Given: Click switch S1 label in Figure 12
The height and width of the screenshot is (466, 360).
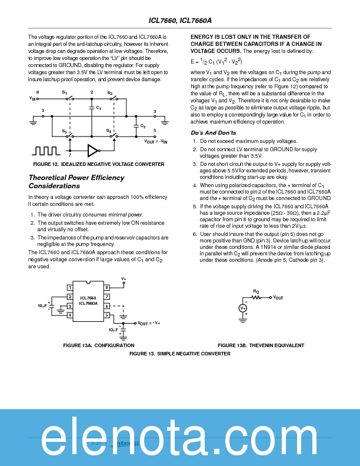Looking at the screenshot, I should point(65,93).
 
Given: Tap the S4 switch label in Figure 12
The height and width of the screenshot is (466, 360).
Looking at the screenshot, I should point(109,130).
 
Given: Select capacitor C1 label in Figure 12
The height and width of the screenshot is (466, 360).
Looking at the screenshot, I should point(98,109).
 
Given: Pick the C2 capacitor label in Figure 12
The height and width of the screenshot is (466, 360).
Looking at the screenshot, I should point(143,126).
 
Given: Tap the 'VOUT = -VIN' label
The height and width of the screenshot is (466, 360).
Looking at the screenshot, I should point(156,142).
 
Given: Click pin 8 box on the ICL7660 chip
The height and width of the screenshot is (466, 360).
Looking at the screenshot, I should point(107,287).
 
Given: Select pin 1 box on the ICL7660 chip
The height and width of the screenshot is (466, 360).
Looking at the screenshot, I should point(69,287).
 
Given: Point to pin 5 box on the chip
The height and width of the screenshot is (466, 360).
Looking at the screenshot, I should point(107,315).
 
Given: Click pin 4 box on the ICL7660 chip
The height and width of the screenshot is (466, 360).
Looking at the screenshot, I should point(69,315).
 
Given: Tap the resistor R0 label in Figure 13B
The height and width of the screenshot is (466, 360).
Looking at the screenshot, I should point(255,291).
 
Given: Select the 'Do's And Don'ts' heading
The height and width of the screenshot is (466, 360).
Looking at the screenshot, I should point(214,132).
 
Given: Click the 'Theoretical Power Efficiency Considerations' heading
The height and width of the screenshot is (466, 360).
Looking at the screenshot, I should point(76,181).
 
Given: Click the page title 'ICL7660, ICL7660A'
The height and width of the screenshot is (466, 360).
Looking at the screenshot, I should point(179,20).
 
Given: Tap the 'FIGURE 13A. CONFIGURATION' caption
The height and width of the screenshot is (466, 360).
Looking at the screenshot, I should point(99,345).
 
